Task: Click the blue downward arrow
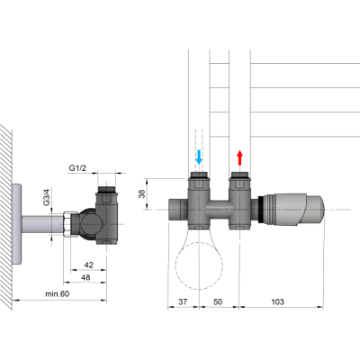[x=199, y=158]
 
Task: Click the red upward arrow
[x=240, y=158]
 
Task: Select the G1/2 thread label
[x=79, y=166]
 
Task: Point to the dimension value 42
[x=89, y=265]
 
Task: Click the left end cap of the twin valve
[x=175, y=208]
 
